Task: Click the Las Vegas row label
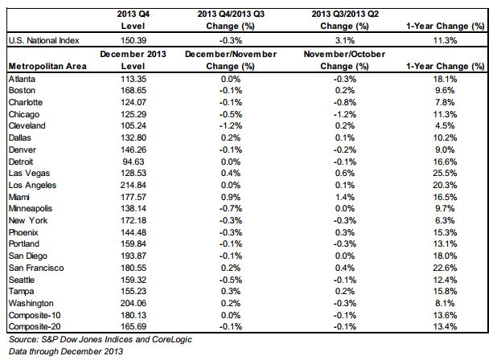tap(29, 174)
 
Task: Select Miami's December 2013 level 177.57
tap(133, 197)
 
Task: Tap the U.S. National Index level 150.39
tap(133, 40)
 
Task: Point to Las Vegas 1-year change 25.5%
tap(445, 174)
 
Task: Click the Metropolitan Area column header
tap(47, 66)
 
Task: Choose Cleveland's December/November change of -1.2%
tap(231, 125)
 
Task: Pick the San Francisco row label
tap(36, 268)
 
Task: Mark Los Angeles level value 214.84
tap(133, 186)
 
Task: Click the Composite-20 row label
tap(35, 326)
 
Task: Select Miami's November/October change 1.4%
tap(345, 197)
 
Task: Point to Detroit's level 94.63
tap(133, 162)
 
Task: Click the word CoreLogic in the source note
tap(172, 339)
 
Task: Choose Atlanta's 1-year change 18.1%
tap(445, 79)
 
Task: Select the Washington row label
tap(31, 303)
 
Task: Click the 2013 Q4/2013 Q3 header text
tap(231, 14)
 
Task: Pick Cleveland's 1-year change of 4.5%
tap(445, 125)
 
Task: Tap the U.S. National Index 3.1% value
tap(345, 40)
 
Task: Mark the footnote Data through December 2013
tap(66, 351)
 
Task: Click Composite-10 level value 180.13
tap(133, 315)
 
